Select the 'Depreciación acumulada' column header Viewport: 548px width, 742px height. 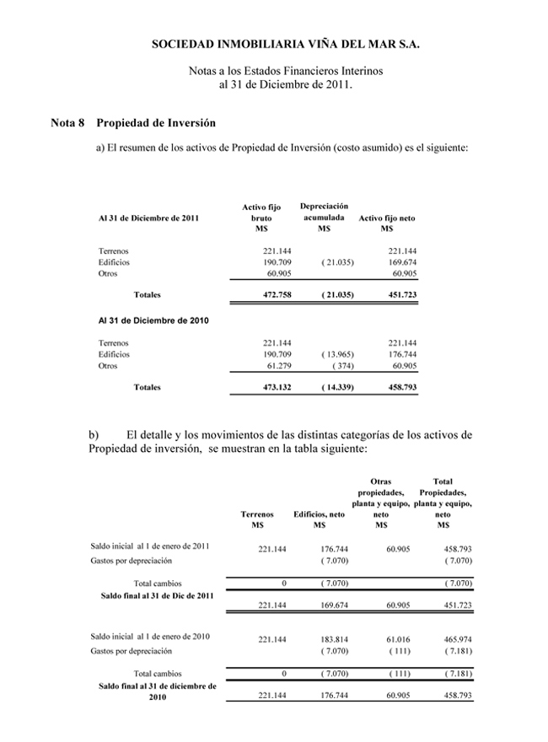tap(324, 218)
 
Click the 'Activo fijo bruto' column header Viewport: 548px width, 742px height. tap(261, 218)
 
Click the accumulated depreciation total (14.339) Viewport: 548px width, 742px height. tap(336, 387)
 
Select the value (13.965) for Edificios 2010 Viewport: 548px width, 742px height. tap(337, 355)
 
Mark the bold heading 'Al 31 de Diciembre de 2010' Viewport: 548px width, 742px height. tap(153, 321)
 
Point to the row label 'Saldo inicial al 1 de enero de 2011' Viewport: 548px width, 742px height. tap(150, 546)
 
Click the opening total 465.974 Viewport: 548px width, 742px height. tap(455, 638)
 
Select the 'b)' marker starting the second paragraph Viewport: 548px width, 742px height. tap(94, 434)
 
